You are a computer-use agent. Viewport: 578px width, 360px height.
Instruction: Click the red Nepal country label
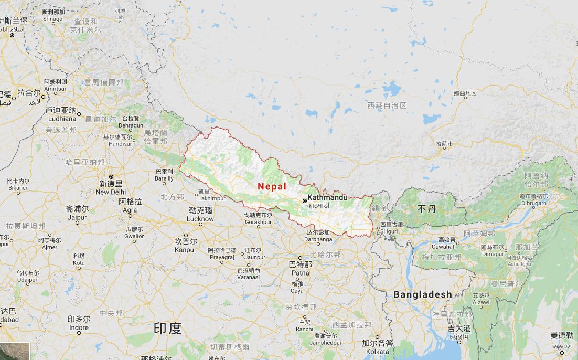(x=272, y=186)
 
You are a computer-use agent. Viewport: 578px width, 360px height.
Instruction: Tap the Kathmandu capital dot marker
(x=304, y=200)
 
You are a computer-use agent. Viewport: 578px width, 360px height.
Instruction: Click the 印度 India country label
(x=167, y=329)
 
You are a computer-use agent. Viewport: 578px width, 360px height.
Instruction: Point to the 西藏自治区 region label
(x=387, y=105)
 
